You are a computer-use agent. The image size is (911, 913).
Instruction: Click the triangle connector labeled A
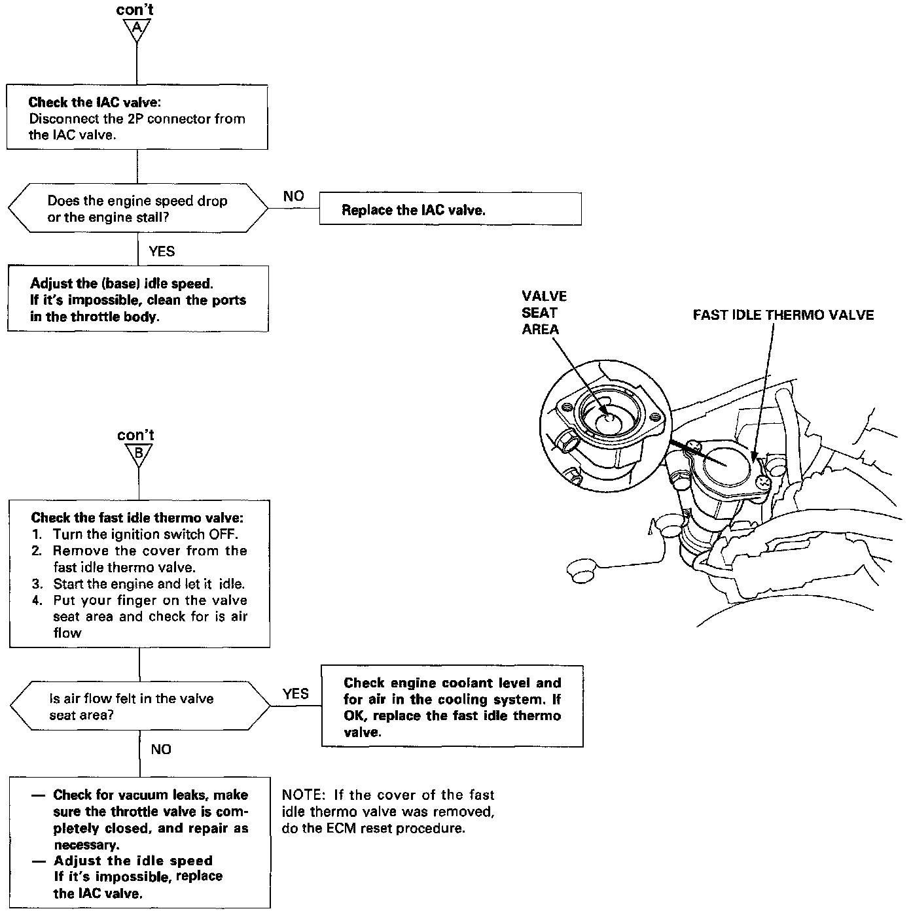tap(136, 29)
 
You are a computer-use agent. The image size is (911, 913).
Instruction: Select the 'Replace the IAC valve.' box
tap(450, 209)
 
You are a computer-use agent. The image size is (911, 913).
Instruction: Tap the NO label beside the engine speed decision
tap(294, 196)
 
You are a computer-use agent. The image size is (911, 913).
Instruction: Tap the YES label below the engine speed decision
tap(162, 251)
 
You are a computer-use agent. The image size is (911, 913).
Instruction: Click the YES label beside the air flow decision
tap(296, 694)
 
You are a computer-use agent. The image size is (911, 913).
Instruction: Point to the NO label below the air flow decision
tap(161, 749)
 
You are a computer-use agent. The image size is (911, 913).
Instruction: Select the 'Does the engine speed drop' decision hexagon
tap(137, 209)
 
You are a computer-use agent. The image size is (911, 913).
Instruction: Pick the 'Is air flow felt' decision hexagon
tap(139, 707)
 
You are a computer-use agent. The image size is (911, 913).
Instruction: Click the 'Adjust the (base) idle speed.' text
tap(122, 284)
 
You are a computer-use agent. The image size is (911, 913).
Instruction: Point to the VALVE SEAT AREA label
tap(544, 313)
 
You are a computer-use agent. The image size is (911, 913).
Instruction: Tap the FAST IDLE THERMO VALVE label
tap(783, 315)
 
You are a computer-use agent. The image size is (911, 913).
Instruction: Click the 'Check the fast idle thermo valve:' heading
tap(137, 517)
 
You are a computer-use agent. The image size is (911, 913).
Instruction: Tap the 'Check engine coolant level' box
tap(452, 707)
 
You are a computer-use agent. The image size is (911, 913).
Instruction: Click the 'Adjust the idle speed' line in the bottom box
tap(133, 861)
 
